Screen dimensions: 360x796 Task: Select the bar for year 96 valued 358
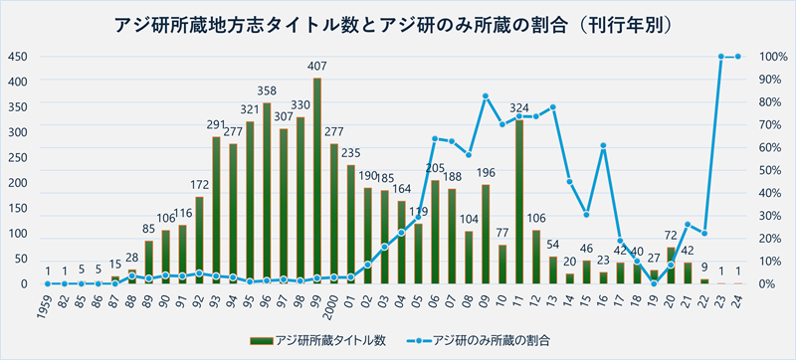[267, 193]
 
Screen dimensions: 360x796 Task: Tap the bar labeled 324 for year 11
[519, 202]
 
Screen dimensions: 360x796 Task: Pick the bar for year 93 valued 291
[216, 210]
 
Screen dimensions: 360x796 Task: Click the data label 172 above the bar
[199, 185]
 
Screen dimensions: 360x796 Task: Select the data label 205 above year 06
[435, 168]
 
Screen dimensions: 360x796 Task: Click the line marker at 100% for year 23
[721, 57]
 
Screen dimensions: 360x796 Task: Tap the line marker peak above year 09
[486, 96]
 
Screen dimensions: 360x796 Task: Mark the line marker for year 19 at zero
[654, 283]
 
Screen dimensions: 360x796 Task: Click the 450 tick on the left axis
[18, 57]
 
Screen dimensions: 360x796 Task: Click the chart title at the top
[398, 23]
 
